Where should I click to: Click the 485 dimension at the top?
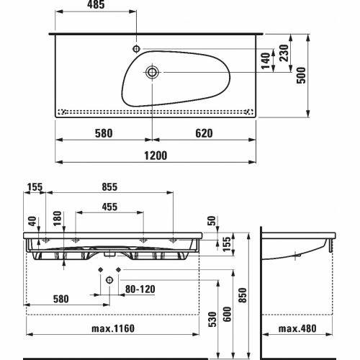pyautogui.click(x=96, y=5)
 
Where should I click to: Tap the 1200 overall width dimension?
pyautogui.click(x=156, y=156)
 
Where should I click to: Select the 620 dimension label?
pyautogui.click(x=204, y=133)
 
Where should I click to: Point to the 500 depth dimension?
pyautogui.click(x=302, y=75)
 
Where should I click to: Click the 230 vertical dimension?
pyautogui.click(x=284, y=53)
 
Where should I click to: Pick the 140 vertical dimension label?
pyautogui.click(x=266, y=61)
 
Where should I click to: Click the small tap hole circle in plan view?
pyautogui.click(x=136, y=49)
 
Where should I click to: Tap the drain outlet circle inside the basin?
pyautogui.click(x=152, y=72)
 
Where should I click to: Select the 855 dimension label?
pyautogui.click(x=109, y=187)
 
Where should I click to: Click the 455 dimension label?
pyautogui.click(x=109, y=207)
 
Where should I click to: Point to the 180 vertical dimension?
pyautogui.click(x=58, y=218)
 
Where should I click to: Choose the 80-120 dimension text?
pyautogui.click(x=140, y=289)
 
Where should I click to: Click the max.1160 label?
pyautogui.click(x=113, y=328)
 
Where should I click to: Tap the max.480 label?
pyautogui.click(x=297, y=328)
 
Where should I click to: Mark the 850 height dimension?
pyautogui.click(x=243, y=295)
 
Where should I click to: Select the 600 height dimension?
pyautogui.click(x=227, y=314)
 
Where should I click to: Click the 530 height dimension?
pyautogui.click(x=212, y=319)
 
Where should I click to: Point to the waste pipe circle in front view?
pyautogui.click(x=109, y=280)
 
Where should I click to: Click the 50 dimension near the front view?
pyautogui.click(x=212, y=221)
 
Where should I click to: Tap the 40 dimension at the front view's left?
pyautogui.click(x=32, y=221)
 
